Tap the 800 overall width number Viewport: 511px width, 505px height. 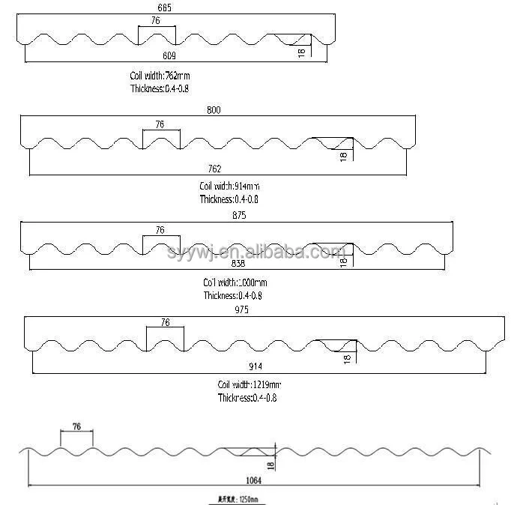(x=216, y=109)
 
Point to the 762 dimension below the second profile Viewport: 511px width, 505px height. (x=216, y=169)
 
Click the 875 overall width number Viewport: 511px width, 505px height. (x=239, y=216)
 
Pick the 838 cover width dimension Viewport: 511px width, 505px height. (x=237, y=264)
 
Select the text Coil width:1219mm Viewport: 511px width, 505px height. (x=250, y=384)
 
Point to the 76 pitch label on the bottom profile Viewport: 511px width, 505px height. (x=76, y=426)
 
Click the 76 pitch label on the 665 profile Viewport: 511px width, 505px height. (x=155, y=21)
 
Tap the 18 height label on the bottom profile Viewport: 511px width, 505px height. (x=271, y=465)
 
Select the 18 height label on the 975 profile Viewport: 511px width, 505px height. (x=348, y=359)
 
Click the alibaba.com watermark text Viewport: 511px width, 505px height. (x=258, y=252)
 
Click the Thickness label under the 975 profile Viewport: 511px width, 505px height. (x=247, y=399)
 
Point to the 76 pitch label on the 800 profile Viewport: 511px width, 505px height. (x=159, y=124)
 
